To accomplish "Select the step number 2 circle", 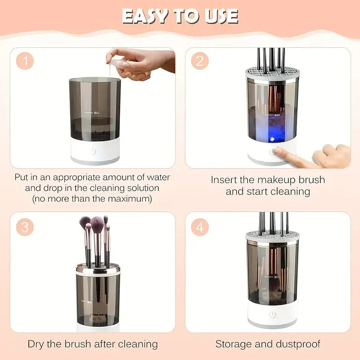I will [199, 61].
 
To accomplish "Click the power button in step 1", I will [93, 151].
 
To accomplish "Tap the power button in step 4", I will [272, 315].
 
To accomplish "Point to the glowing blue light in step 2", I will [272, 139].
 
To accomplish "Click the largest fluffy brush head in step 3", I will [97, 222].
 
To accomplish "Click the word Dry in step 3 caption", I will [36, 344].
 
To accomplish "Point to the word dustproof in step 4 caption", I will [296, 344].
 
